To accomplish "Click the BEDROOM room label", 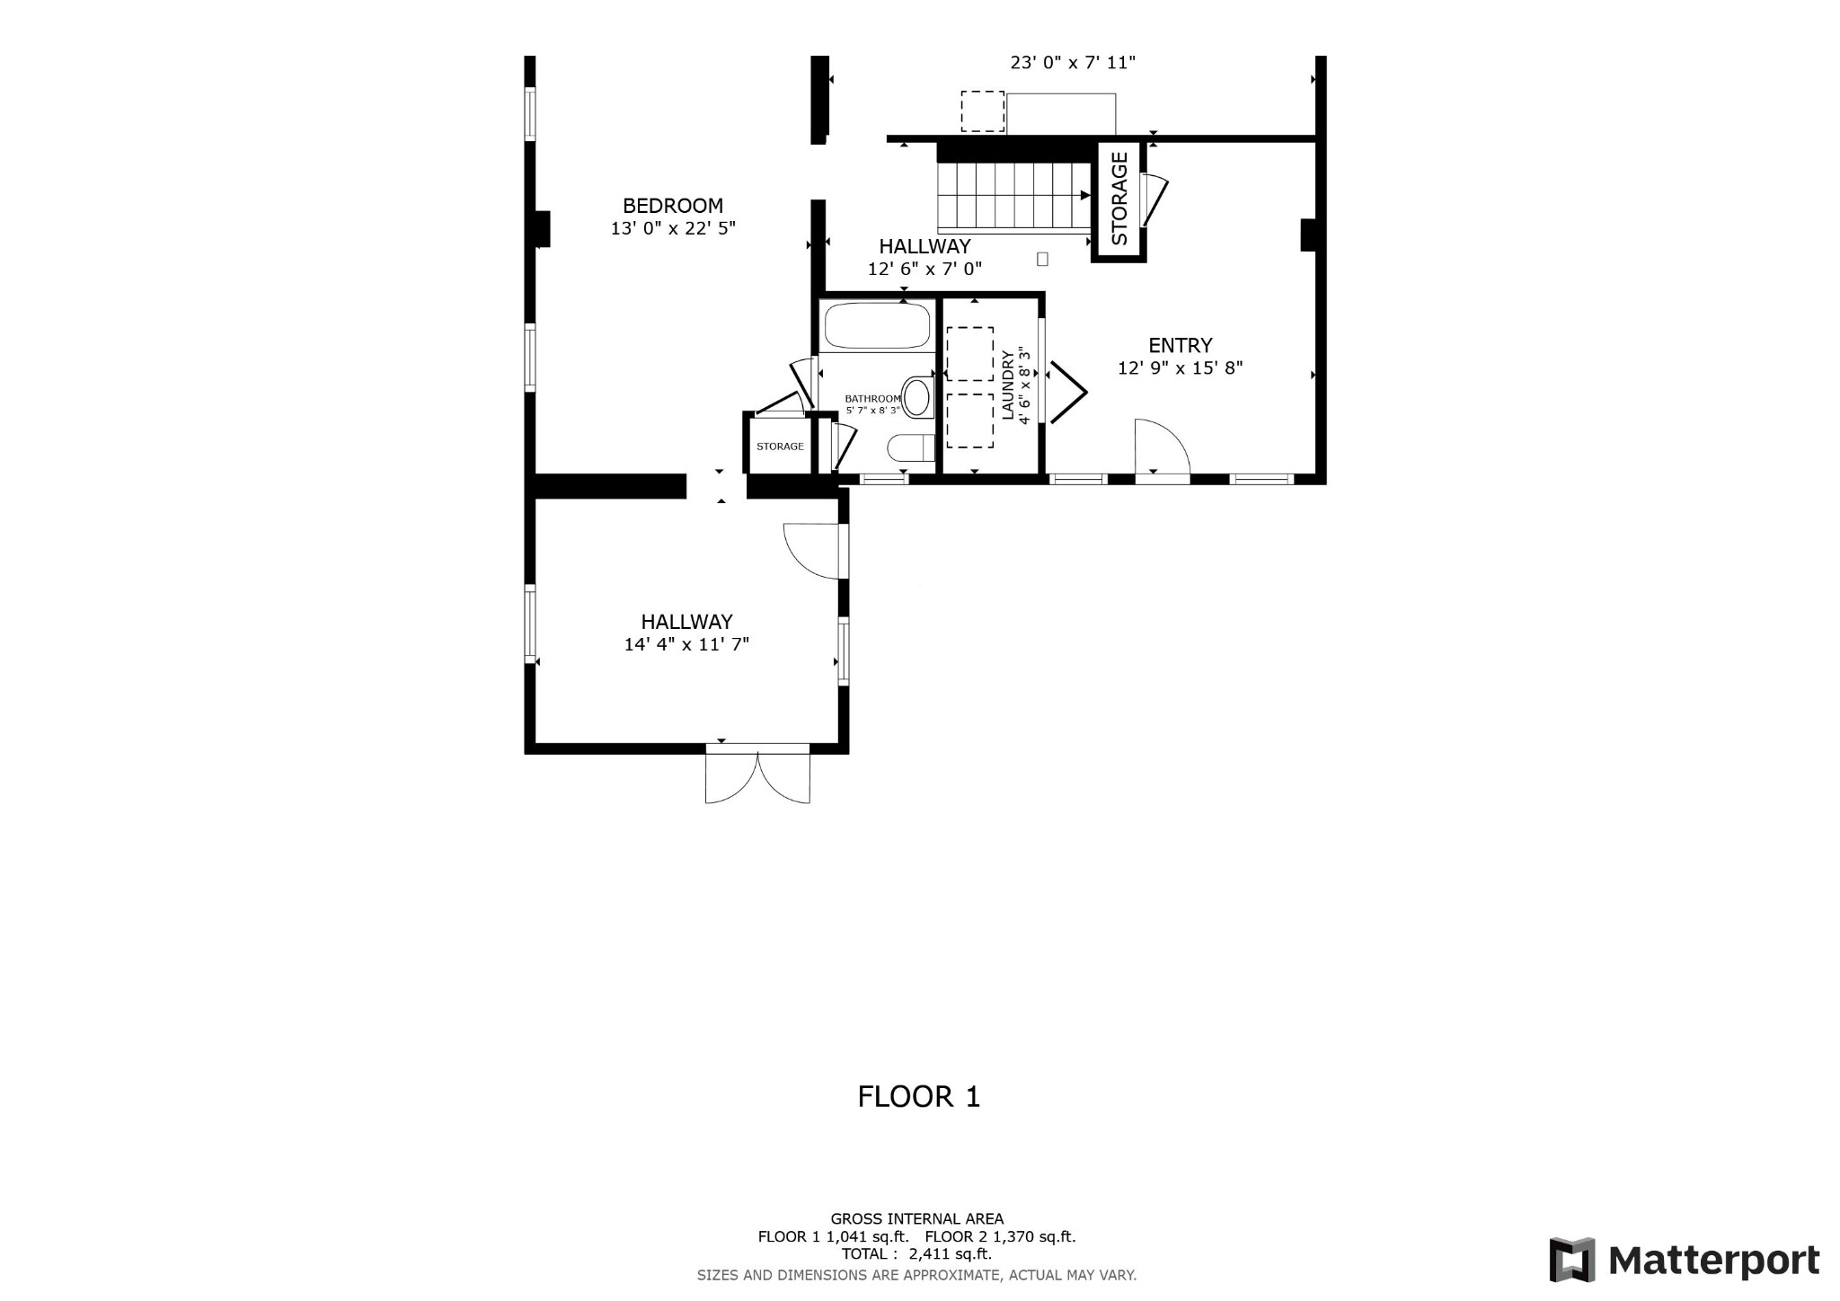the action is pos(673,206).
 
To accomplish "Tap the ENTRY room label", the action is pos(1181,345).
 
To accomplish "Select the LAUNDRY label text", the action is pos(1007,385).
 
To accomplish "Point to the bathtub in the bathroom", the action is pos(877,325).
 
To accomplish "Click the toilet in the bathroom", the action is pos(910,447).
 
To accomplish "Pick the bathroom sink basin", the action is pos(916,397).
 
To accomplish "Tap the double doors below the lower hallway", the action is pos(757,773).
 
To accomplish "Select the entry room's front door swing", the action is pos(1163,445).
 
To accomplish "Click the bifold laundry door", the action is pos(1069,392).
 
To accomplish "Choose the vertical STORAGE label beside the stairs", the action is pos(1119,199).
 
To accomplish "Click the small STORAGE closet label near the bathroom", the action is pos(780,447).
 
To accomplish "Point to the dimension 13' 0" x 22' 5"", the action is pos(673,229).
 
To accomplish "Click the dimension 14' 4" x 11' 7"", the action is pos(686,644).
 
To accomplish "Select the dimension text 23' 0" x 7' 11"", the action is pos(1073,63).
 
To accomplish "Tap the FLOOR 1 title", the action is pos(919,1097).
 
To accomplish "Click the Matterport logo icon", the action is pos(1572,1260).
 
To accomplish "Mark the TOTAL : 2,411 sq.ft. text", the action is pos(916,1254).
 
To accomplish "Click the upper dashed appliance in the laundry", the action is pos(969,354).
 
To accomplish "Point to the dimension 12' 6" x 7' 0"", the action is pos(924,269).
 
